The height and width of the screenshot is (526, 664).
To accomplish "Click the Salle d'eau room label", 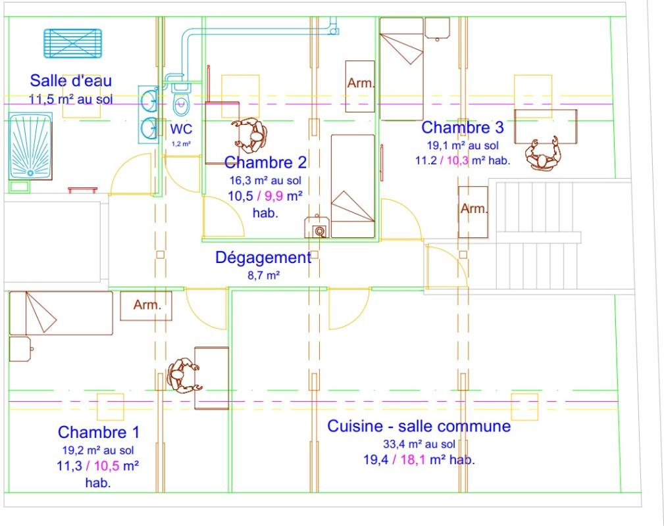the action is pos(70,80).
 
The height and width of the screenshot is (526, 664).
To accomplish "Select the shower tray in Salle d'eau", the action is pos(30,146).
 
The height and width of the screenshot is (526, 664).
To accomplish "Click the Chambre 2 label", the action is pos(265,162).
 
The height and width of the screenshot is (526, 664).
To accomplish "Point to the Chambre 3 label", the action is pos(463,127).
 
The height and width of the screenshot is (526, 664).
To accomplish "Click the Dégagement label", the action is pos(263,257).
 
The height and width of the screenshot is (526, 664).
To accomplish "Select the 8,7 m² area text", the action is pos(263,275).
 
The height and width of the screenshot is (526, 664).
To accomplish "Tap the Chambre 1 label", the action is pos(98,432).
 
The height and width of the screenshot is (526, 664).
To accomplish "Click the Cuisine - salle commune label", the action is pos(419,425).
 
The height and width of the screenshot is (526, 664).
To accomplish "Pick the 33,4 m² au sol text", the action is pos(419,444).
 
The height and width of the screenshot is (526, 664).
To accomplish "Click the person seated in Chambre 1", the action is pos(184,376).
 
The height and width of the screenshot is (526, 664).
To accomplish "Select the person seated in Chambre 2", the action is pos(250,135).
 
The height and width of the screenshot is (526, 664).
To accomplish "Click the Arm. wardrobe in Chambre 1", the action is pos(145,305).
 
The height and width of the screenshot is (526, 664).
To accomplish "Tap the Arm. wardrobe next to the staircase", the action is pos(473,212).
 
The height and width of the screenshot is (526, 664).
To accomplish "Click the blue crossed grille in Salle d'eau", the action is pos(73,43).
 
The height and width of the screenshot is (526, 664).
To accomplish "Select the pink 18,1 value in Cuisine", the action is pos(413,460).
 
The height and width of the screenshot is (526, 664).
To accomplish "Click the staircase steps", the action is pos(537,235).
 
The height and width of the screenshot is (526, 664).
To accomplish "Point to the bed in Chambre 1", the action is pos(61,313).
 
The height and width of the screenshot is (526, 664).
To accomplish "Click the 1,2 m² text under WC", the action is pos(181,144).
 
